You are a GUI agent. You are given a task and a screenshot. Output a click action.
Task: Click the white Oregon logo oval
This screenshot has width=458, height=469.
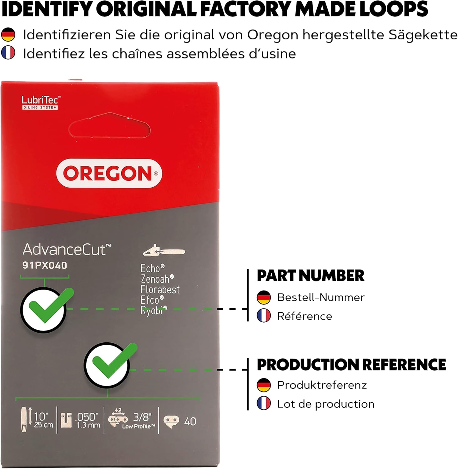[x=109, y=173]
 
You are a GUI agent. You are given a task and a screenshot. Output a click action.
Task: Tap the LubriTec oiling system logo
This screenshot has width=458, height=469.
[x=40, y=103]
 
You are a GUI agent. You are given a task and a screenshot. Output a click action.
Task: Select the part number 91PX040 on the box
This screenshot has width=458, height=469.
[x=45, y=265]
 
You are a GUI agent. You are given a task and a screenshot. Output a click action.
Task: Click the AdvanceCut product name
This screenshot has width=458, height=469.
[x=67, y=250]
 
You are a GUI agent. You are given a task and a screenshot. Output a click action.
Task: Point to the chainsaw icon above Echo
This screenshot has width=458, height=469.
[x=164, y=251]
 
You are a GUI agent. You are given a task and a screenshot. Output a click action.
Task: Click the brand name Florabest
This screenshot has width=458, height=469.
[x=160, y=290]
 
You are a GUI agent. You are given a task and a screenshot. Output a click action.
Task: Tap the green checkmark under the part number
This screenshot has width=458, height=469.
[x=47, y=308]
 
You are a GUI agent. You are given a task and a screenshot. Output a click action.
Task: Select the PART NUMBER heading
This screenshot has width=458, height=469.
[x=310, y=276]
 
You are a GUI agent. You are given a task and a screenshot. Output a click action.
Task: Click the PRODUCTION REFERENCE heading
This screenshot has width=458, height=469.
[x=351, y=365]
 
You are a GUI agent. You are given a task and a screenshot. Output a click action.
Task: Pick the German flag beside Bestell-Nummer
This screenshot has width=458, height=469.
[x=264, y=297]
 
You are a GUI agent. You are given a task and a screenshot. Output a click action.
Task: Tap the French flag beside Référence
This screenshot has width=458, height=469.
[x=264, y=316]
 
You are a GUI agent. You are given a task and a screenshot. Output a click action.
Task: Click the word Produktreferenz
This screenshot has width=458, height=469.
[x=322, y=385]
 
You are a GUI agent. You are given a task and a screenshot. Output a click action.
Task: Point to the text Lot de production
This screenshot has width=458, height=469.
[x=325, y=404]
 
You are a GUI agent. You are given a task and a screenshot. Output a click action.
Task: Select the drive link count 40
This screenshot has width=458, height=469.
[x=190, y=421]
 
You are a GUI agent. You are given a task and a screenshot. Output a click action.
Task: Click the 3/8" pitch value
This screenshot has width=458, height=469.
[x=142, y=417]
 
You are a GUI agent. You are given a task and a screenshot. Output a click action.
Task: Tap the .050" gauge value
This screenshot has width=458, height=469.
[x=87, y=417]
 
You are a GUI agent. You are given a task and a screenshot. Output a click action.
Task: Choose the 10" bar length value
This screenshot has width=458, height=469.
[x=41, y=417]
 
